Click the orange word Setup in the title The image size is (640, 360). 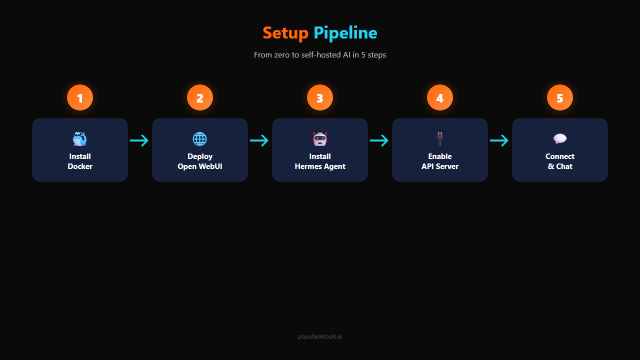(285, 33)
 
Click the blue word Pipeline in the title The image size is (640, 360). (345, 33)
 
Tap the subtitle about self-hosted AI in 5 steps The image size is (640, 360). (320, 55)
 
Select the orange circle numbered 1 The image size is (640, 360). (80, 98)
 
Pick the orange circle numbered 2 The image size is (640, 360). (200, 98)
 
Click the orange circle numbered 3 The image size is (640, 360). (320, 98)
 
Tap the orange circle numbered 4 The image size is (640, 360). (440, 98)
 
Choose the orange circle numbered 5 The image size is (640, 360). (560, 98)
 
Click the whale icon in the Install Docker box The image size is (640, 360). (80, 138)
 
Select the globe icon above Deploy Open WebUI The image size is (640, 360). (200, 139)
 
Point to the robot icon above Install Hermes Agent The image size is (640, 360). (320, 139)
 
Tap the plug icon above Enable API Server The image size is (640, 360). (440, 138)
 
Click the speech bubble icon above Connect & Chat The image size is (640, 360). (560, 139)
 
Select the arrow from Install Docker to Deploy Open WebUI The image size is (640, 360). (139, 140)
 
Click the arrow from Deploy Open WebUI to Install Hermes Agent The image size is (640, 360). (259, 140)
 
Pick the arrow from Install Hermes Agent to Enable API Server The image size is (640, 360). (379, 140)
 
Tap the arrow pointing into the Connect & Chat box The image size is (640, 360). (499, 140)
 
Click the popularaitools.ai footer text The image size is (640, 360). (320, 337)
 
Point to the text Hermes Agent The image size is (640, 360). (320, 166)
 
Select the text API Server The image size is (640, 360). (440, 166)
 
